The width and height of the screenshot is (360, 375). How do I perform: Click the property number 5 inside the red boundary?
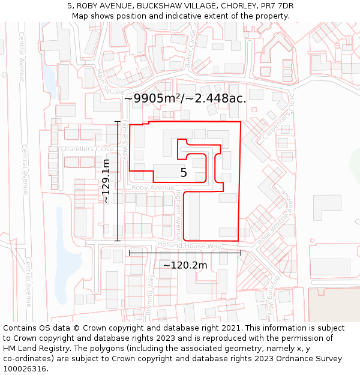tap(184, 173)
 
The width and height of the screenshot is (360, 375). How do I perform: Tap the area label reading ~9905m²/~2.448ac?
tap(185, 98)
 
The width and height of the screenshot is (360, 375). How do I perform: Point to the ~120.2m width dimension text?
tap(185, 265)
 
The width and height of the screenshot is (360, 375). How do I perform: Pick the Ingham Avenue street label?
tap(178, 215)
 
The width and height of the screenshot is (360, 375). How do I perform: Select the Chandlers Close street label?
tap(86, 149)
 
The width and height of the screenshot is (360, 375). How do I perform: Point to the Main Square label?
tap(110, 83)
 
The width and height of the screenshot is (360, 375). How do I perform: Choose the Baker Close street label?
tap(190, 50)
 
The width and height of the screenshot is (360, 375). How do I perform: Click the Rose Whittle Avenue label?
tap(274, 217)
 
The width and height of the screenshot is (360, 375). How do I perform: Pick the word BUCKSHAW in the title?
tap(159, 5)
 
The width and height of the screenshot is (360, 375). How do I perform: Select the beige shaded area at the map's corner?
tap(334, 305)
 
